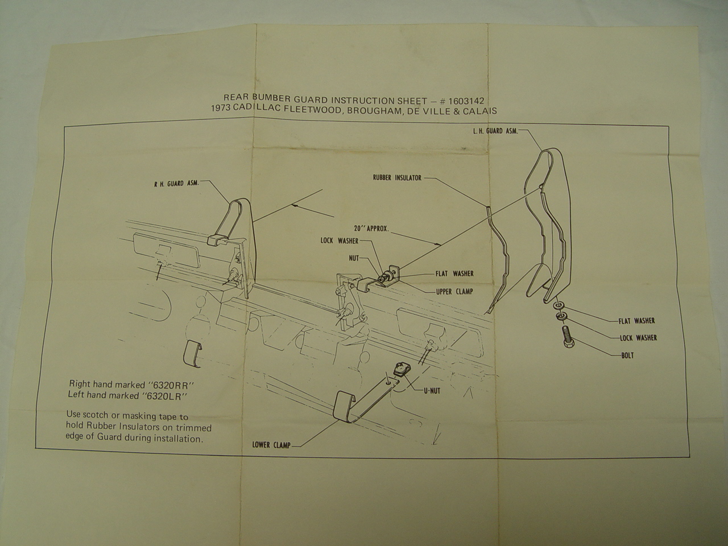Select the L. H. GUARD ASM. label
point(495,131)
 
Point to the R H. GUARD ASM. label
point(176,183)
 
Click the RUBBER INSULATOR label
point(397,177)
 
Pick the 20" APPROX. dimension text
point(371,229)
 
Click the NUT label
point(354,258)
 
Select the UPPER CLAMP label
point(454,292)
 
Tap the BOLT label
point(627,355)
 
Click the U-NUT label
point(432,391)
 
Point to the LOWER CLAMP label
point(271,445)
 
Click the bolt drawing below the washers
point(569,337)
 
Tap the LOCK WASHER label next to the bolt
point(639,338)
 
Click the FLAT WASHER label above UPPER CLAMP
point(454,274)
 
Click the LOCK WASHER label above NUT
point(340,241)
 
